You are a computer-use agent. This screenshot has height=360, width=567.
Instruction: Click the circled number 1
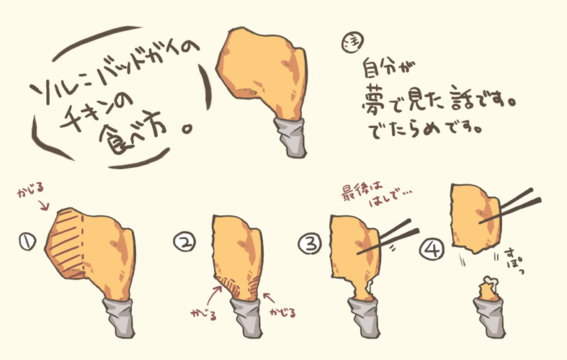(x=27, y=242)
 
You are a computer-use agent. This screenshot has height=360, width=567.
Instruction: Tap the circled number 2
(x=184, y=242)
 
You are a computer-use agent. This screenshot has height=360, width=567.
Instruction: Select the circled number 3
(x=311, y=243)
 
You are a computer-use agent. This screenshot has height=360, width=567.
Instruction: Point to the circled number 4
(x=432, y=249)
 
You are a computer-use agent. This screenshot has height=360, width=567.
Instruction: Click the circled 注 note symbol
(x=352, y=43)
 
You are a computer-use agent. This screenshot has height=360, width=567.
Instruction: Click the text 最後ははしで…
(x=376, y=195)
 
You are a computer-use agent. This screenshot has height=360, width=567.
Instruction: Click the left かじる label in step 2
(x=204, y=314)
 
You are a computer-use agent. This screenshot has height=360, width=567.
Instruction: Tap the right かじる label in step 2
(x=282, y=312)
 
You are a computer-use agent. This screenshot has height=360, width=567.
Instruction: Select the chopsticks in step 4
(x=510, y=207)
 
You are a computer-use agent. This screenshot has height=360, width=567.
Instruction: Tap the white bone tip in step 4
(x=489, y=280)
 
